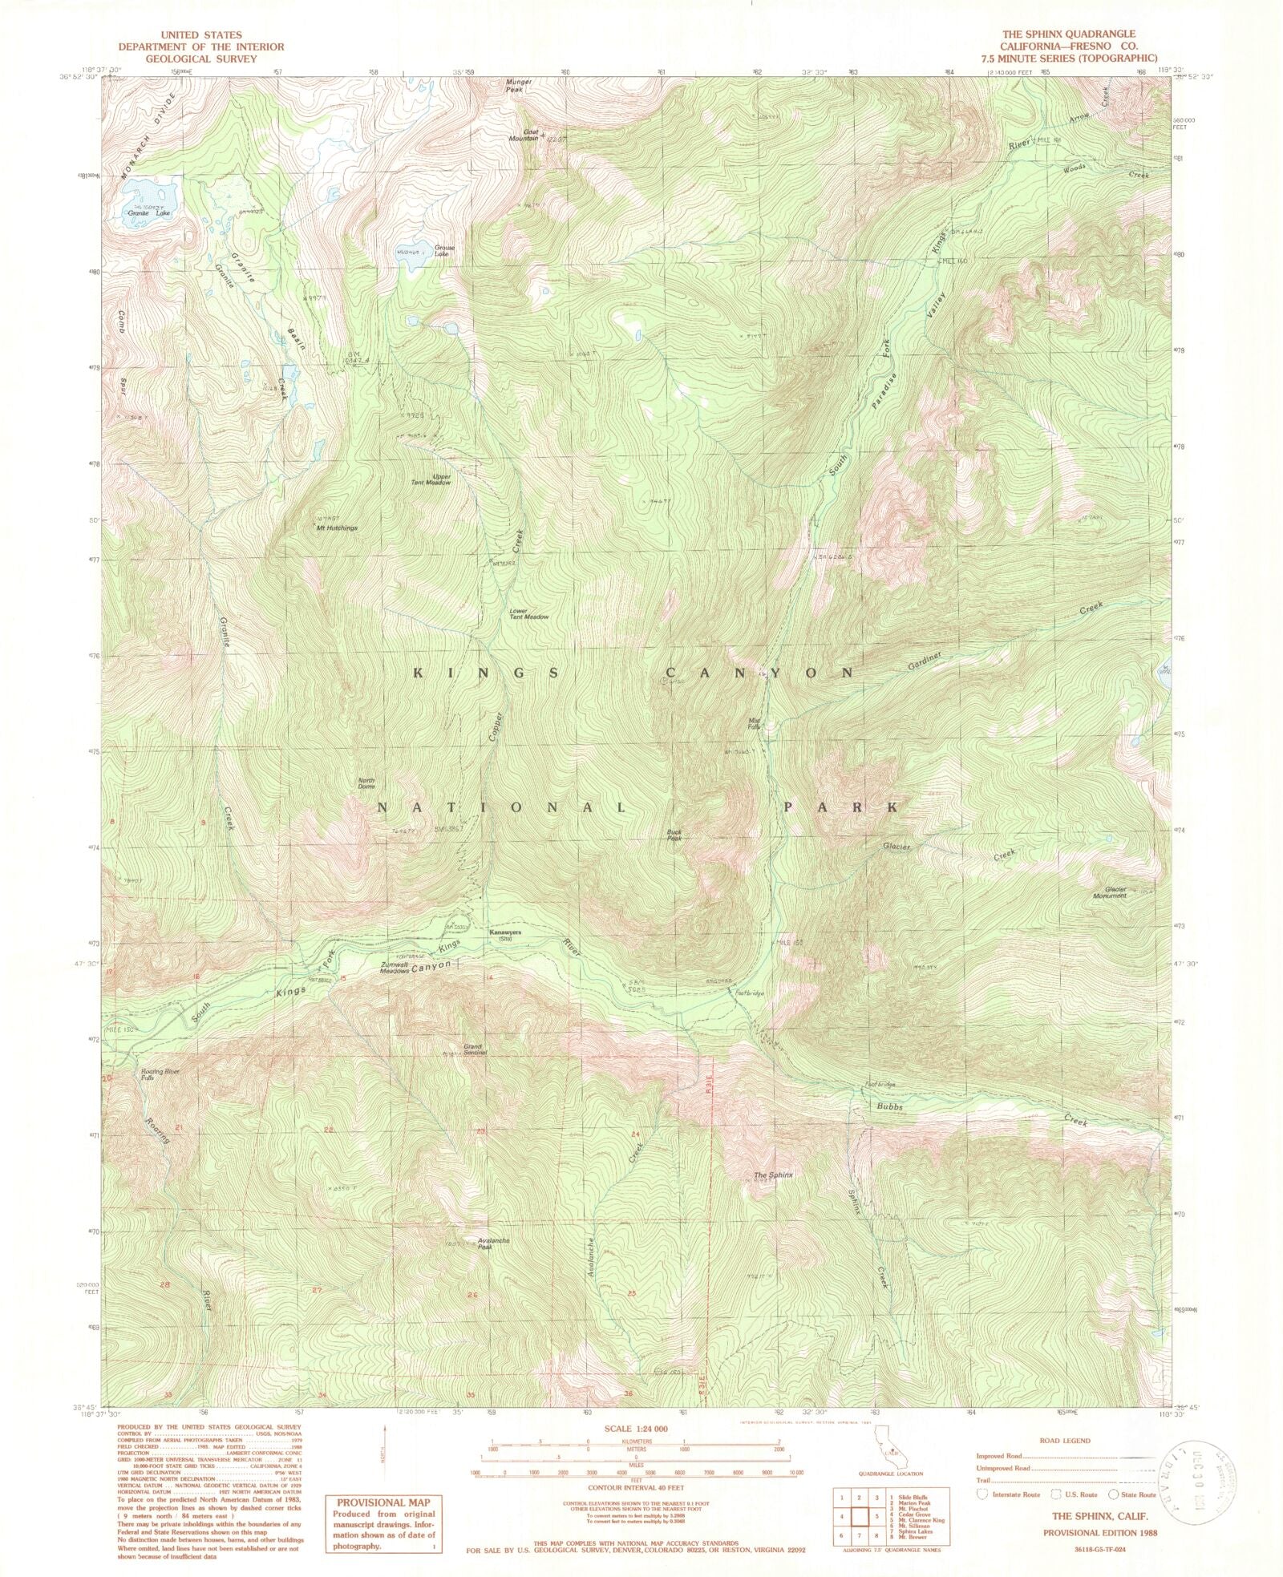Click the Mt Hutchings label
(337, 528)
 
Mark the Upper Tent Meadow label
(431, 479)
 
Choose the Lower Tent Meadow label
(529, 614)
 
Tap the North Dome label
(366, 783)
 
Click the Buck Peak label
(674, 835)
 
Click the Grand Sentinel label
(472, 1050)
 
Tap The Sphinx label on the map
(773, 1175)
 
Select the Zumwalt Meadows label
(395, 968)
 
